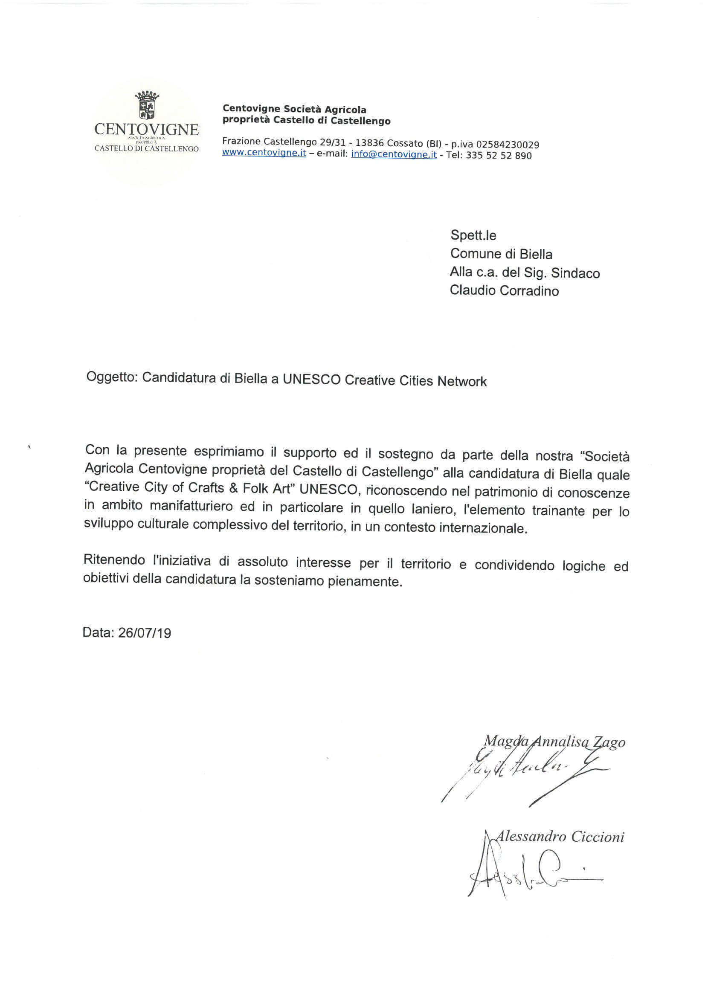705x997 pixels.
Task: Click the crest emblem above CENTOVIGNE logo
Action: tap(147, 105)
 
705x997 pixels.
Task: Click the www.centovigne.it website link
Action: tap(264, 153)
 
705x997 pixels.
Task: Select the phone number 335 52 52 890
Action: tap(498, 156)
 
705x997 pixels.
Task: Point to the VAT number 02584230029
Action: tap(508, 145)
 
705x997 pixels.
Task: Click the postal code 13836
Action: tap(370, 143)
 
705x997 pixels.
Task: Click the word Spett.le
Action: tap(473, 235)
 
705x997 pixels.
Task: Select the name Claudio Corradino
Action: tap(504, 290)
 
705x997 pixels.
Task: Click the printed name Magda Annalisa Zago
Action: tap(554, 742)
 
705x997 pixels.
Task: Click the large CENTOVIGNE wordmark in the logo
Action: tap(146, 129)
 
